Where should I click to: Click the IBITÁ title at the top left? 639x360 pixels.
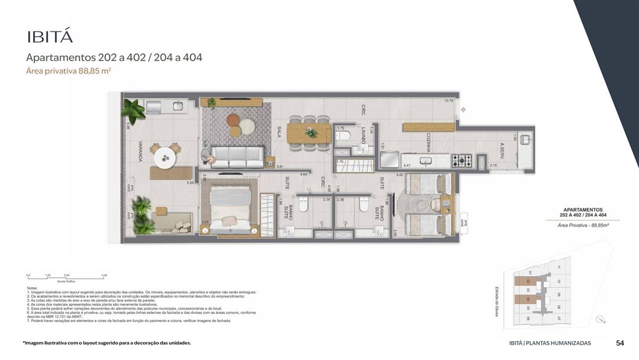[50, 36]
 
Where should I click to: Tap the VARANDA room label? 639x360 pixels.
[140, 151]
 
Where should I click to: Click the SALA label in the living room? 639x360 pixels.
[279, 131]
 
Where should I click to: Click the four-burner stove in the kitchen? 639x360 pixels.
[461, 160]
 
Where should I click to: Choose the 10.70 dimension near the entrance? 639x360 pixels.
[449, 101]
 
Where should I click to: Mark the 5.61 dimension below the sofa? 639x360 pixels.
[280, 167]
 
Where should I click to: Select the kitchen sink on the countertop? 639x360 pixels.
[425, 160]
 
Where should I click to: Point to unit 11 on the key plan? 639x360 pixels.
[558, 267]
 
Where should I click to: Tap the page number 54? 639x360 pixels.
[619, 343]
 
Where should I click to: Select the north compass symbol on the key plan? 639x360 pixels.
[602, 319]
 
